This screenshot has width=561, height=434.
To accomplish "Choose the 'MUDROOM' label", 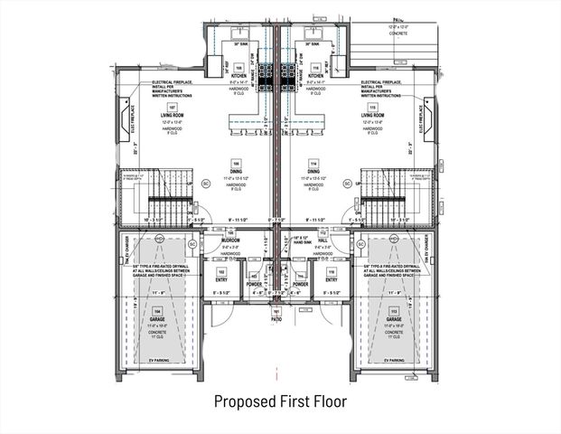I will pos(230,240).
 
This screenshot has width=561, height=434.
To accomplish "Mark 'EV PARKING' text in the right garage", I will pos(392,360).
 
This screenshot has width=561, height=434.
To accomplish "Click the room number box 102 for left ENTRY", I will pos(221,271).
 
